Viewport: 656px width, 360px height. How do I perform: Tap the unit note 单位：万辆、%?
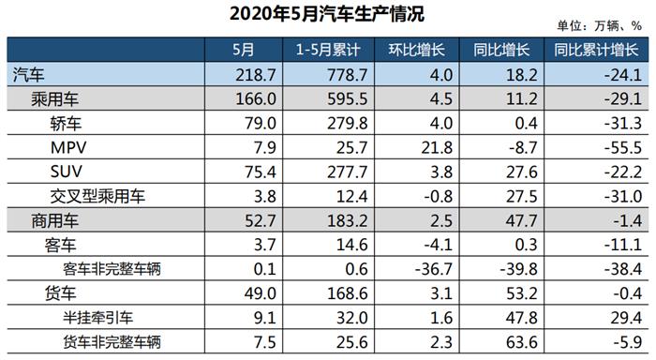tap(601, 26)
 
